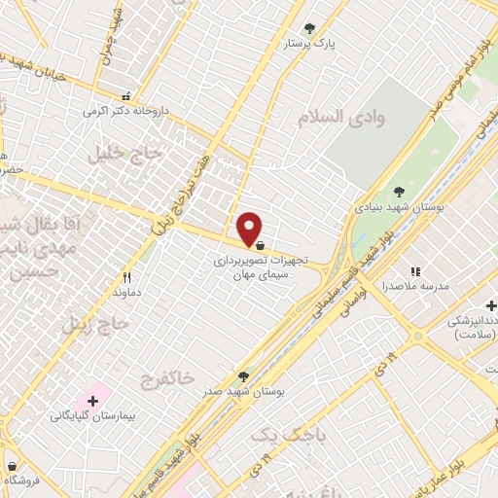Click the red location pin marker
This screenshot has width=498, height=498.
point(250,228)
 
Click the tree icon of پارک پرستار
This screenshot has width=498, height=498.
point(309,28)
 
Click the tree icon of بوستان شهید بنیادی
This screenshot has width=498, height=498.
point(399,192)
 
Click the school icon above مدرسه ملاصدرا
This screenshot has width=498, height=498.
point(415,271)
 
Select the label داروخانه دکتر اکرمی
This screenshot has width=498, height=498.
point(125,111)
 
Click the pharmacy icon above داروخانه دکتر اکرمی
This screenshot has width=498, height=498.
point(125,96)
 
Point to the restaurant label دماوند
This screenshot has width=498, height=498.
point(127,292)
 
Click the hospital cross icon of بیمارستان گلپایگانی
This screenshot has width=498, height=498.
point(93,400)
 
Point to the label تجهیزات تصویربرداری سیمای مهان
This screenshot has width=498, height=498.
point(260,267)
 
